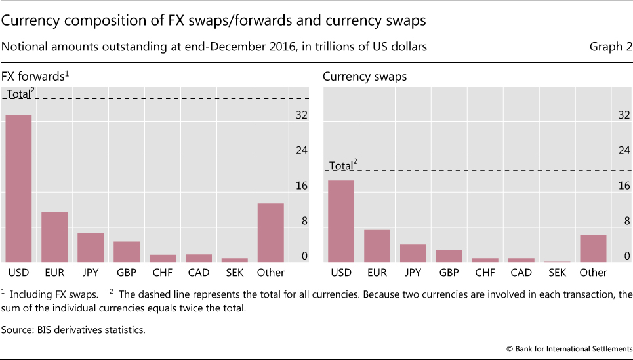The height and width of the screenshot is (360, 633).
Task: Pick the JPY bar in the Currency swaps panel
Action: pyautogui.click(x=413, y=253)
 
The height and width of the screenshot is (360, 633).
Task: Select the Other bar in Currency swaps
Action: pyautogui.click(x=594, y=249)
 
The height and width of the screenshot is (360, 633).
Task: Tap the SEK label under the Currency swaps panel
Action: pyautogui.click(x=557, y=272)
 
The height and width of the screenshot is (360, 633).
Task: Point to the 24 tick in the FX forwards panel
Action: pyautogui.click(x=302, y=150)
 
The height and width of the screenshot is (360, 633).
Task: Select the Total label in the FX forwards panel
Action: pyautogui.click(x=20, y=94)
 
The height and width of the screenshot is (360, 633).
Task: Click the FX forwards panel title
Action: pyautogui.click(x=35, y=76)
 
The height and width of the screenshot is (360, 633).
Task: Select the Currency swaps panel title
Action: pyautogui.click(x=365, y=77)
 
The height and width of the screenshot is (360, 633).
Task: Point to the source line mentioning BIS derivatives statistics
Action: pyautogui.click(x=73, y=330)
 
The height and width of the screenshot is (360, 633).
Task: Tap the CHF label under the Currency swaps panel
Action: pyautogui.click(x=485, y=272)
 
